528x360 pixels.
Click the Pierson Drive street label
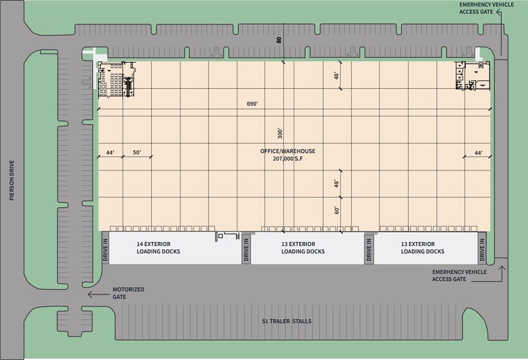tap(11, 181)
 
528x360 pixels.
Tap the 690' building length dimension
tap(252, 104)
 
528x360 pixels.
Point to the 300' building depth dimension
tap(280, 132)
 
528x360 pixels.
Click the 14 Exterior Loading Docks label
tap(158, 247)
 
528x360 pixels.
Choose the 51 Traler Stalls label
tap(287, 321)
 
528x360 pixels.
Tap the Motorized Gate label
tap(128, 293)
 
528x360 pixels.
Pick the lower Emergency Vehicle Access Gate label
tap(459, 275)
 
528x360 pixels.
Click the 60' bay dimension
tap(337, 210)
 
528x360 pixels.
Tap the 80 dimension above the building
tap(279, 40)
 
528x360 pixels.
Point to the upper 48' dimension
tap(337, 76)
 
